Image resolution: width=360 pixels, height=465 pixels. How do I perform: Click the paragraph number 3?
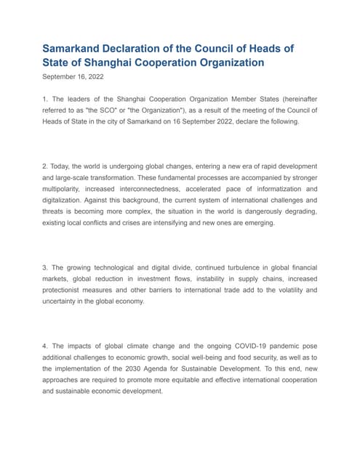click(x=45, y=268)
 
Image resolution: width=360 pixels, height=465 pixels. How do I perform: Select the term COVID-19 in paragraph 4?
click(x=223, y=347)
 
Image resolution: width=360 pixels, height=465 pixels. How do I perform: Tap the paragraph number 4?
click(x=45, y=347)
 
